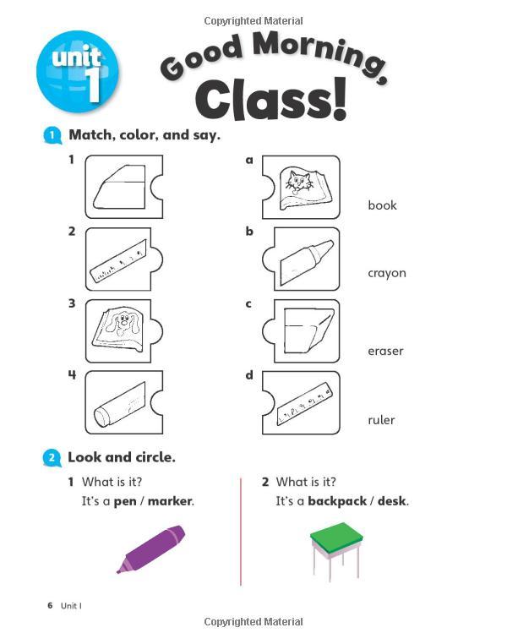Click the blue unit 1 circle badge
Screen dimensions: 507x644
pyautogui.click(x=77, y=72)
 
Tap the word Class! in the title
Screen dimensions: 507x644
pyautogui.click(x=271, y=100)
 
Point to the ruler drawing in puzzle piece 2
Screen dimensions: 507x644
pyautogui.click(x=118, y=262)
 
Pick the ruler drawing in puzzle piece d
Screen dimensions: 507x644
pyautogui.click(x=304, y=402)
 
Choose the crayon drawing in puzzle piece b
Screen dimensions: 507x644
pyautogui.click(x=307, y=263)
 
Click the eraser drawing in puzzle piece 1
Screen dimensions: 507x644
pyautogui.click(x=119, y=187)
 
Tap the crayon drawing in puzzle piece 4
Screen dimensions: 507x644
pyautogui.click(x=120, y=405)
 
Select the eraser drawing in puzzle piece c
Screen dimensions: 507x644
pyautogui.click(x=308, y=330)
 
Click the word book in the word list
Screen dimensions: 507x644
pyautogui.click(x=382, y=205)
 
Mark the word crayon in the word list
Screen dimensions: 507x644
pyautogui.click(x=387, y=274)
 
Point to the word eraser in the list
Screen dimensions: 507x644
pyautogui.click(x=385, y=352)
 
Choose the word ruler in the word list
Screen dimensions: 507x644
pyautogui.click(x=381, y=420)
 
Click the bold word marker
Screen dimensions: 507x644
pyautogui.click(x=170, y=501)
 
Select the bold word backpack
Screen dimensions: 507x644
pyautogui.click(x=337, y=501)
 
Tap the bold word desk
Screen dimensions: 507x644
pyautogui.click(x=391, y=501)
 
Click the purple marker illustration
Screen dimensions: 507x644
pyautogui.click(x=150, y=548)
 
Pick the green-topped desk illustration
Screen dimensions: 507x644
pyautogui.click(x=336, y=551)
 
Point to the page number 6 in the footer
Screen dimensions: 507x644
pyautogui.click(x=50, y=605)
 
